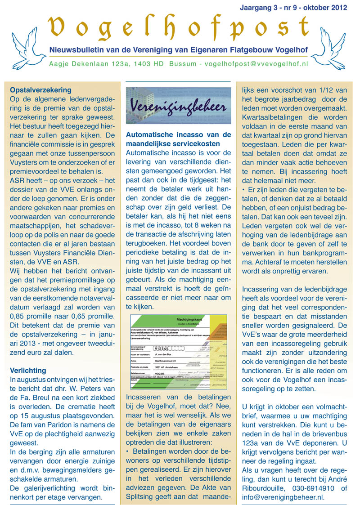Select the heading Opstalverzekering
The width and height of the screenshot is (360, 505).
pyautogui.click(x=40, y=90)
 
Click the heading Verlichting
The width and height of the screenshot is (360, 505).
pyautogui.click(x=28, y=371)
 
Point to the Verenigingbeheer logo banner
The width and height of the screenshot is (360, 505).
pyautogui.click(x=178, y=105)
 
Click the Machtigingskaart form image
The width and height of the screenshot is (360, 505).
pyautogui.click(x=178, y=352)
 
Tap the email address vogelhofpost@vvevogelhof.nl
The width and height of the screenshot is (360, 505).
pyautogui.click(x=256, y=64)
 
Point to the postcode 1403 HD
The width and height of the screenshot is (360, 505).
pyautogui.click(x=146, y=64)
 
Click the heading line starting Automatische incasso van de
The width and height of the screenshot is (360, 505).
pyautogui.click(x=178, y=134)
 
